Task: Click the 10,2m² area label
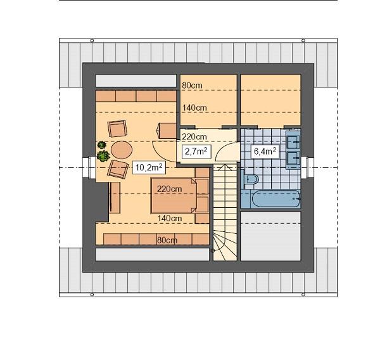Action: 150,167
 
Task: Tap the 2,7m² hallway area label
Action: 195,151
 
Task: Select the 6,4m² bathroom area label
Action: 263,151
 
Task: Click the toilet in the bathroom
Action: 250,181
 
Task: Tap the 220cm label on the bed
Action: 170,188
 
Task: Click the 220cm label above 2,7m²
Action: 194,137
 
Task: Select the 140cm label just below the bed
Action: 170,219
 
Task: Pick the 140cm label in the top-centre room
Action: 194,108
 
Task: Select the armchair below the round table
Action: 117,169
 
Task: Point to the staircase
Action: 224,212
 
